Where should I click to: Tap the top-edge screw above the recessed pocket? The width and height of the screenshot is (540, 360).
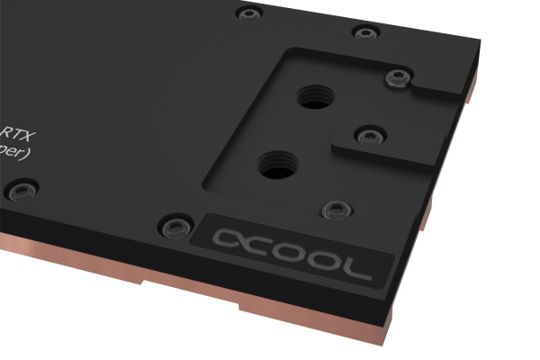point(364,32)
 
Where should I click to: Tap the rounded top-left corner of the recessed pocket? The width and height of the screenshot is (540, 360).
point(286,54)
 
